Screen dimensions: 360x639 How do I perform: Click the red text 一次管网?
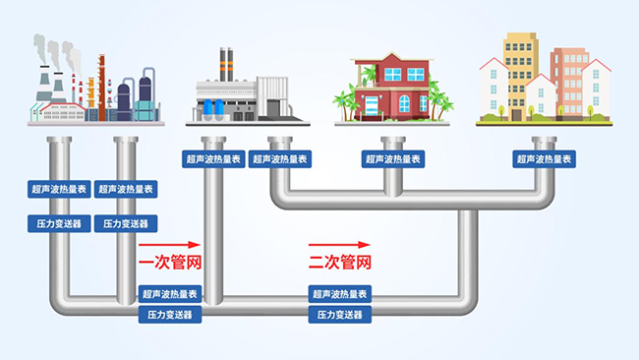pos(168,263)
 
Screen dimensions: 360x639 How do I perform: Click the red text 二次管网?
pos(339,263)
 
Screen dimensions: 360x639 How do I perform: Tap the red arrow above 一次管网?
pos(169,243)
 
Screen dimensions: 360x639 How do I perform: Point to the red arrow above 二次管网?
pos(339,243)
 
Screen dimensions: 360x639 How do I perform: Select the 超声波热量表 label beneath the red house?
pos(393,159)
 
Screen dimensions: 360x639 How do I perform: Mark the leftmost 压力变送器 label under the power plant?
pos(57,223)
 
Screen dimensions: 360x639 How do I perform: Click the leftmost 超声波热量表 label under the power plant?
pos(57,188)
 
